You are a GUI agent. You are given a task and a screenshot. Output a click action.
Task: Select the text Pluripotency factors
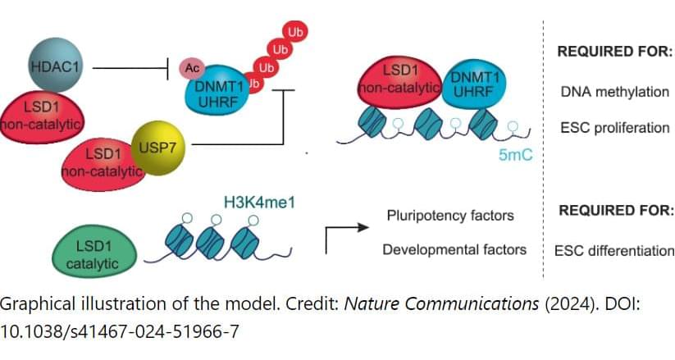[450, 216]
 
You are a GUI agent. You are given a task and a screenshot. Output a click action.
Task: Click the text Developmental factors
[454, 248]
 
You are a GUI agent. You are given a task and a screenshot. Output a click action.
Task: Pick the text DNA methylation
[614, 92]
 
